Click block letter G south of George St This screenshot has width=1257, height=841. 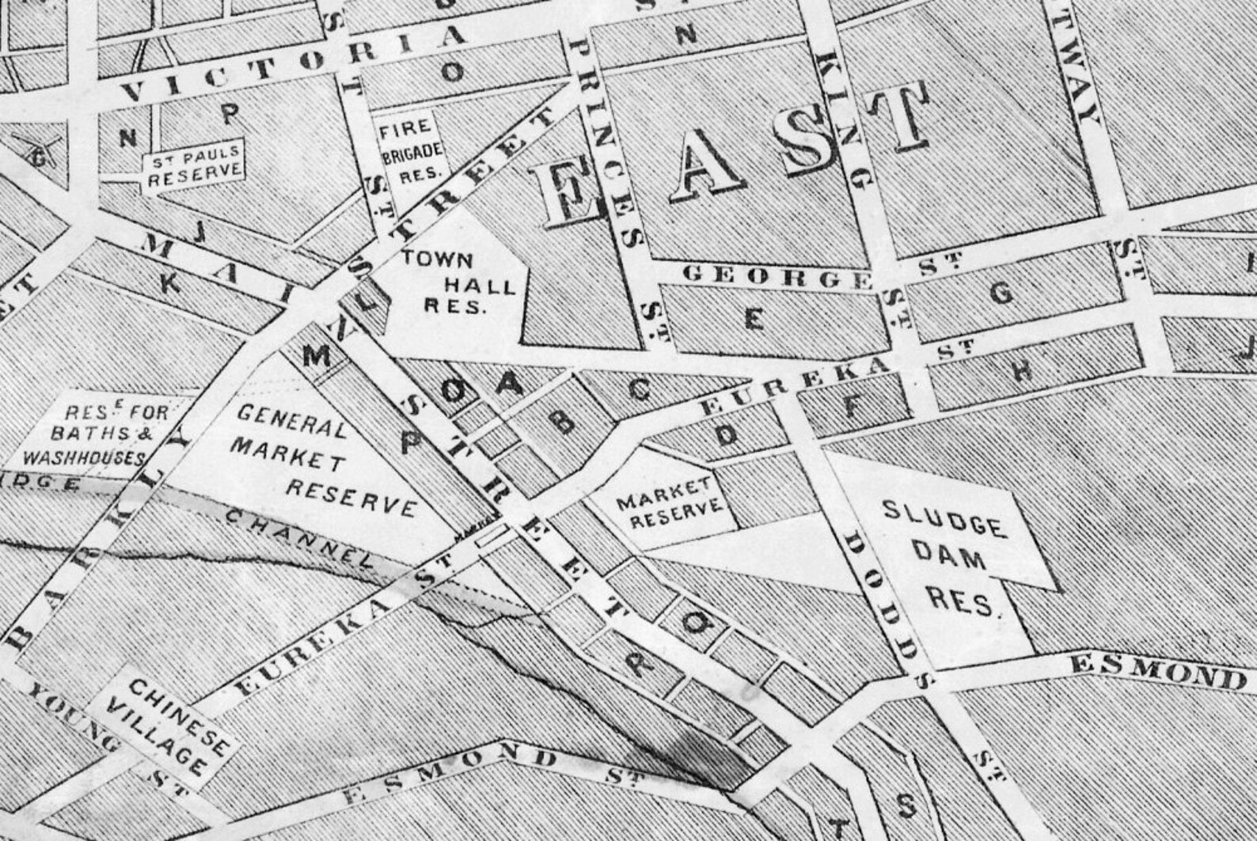(1001, 294)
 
